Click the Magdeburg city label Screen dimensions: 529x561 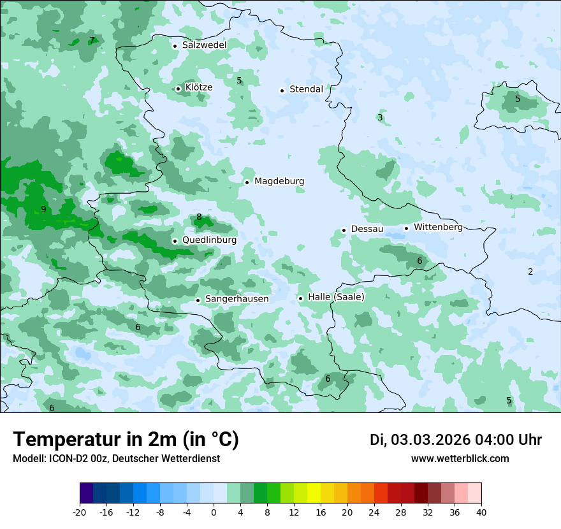coord(279,182)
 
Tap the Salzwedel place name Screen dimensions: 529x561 coord(204,45)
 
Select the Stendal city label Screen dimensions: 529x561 coord(306,89)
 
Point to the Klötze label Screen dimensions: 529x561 coord(199,87)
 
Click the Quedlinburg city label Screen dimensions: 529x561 coord(209,240)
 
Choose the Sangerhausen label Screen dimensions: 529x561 coord(237,299)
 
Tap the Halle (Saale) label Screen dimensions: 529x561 coord(336,297)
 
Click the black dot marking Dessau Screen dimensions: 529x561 coord(344,230)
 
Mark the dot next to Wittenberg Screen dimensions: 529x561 coord(406,228)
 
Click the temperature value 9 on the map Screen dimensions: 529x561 coord(43,210)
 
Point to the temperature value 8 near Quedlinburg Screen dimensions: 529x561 coord(199,217)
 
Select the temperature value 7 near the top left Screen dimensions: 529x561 coord(92,41)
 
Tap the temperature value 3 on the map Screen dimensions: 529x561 coord(380,117)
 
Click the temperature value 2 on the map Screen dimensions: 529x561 coord(530,272)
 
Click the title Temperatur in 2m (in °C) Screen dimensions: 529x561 coord(126,440)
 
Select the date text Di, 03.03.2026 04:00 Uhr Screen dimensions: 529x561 coord(456,440)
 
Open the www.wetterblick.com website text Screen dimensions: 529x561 coord(460,459)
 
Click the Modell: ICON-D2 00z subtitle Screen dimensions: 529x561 coord(116,459)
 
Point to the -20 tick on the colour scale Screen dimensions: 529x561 coord(80,512)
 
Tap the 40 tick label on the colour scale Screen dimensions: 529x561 coord(481,512)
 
